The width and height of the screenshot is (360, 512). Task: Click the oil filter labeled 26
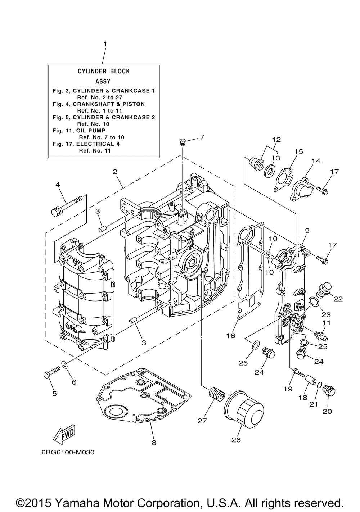tap(244, 409)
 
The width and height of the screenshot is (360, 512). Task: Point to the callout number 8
tap(154, 443)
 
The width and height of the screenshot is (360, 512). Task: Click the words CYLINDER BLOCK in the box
tap(104, 71)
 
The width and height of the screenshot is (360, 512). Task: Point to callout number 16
tap(230, 336)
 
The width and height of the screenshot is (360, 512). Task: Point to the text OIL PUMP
tap(91, 130)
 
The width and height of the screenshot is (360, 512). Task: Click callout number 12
tap(276, 139)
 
